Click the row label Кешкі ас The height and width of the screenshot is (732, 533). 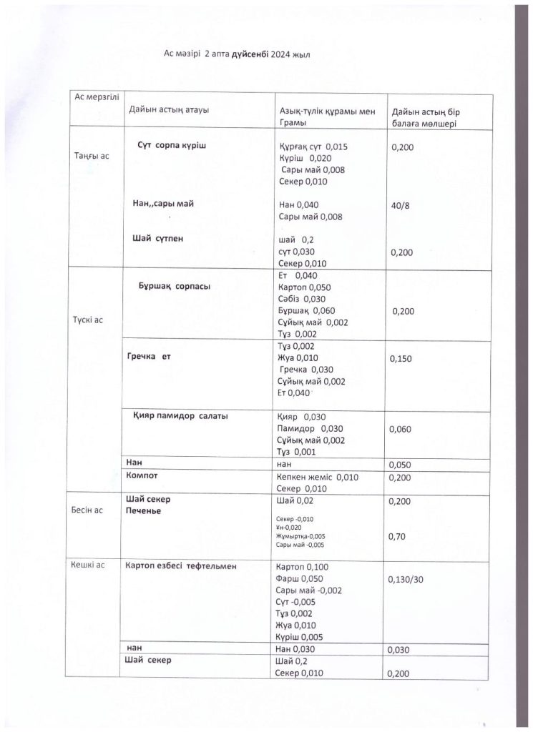tap(88, 565)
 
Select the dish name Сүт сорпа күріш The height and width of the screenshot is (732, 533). tap(172, 145)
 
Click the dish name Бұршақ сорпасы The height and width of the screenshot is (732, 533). tap(174, 286)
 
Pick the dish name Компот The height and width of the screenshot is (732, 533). tap(142, 475)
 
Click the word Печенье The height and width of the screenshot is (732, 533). tap(143, 512)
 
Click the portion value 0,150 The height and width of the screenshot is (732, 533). tap(401, 359)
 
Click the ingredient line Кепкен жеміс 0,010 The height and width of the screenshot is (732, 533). tap(317, 477)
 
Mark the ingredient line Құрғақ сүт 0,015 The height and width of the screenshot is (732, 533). tap(312, 146)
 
